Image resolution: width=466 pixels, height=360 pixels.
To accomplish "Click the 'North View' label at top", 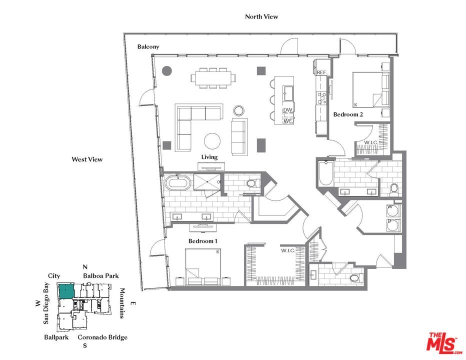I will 261,16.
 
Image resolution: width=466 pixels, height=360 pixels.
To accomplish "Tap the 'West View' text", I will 87,159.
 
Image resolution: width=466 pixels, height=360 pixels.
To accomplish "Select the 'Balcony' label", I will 148,46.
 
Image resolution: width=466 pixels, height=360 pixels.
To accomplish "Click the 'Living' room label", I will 209,157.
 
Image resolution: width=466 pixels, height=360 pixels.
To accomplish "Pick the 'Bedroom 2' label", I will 348,114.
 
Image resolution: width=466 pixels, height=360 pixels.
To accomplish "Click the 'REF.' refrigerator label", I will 322,73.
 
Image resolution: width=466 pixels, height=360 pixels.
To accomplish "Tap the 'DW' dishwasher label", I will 287,110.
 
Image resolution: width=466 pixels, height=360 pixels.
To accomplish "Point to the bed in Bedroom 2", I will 371,89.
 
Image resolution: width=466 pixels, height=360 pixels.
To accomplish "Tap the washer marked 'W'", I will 391,209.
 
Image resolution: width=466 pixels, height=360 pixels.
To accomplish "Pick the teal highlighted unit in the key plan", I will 66,291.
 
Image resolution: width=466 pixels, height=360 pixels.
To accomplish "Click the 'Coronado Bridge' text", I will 102,337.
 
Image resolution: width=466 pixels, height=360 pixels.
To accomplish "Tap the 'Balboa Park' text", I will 100,275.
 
